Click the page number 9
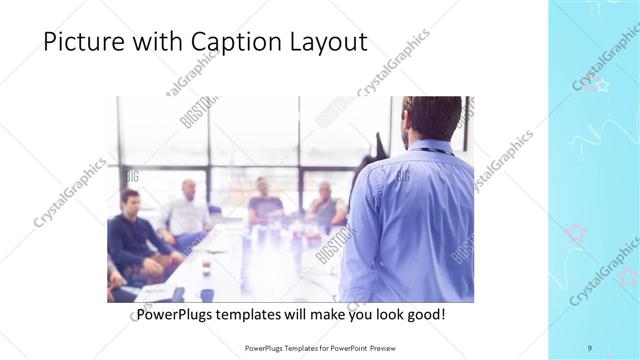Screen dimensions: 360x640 (x=589, y=347)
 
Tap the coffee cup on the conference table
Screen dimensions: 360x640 (x=206, y=268)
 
